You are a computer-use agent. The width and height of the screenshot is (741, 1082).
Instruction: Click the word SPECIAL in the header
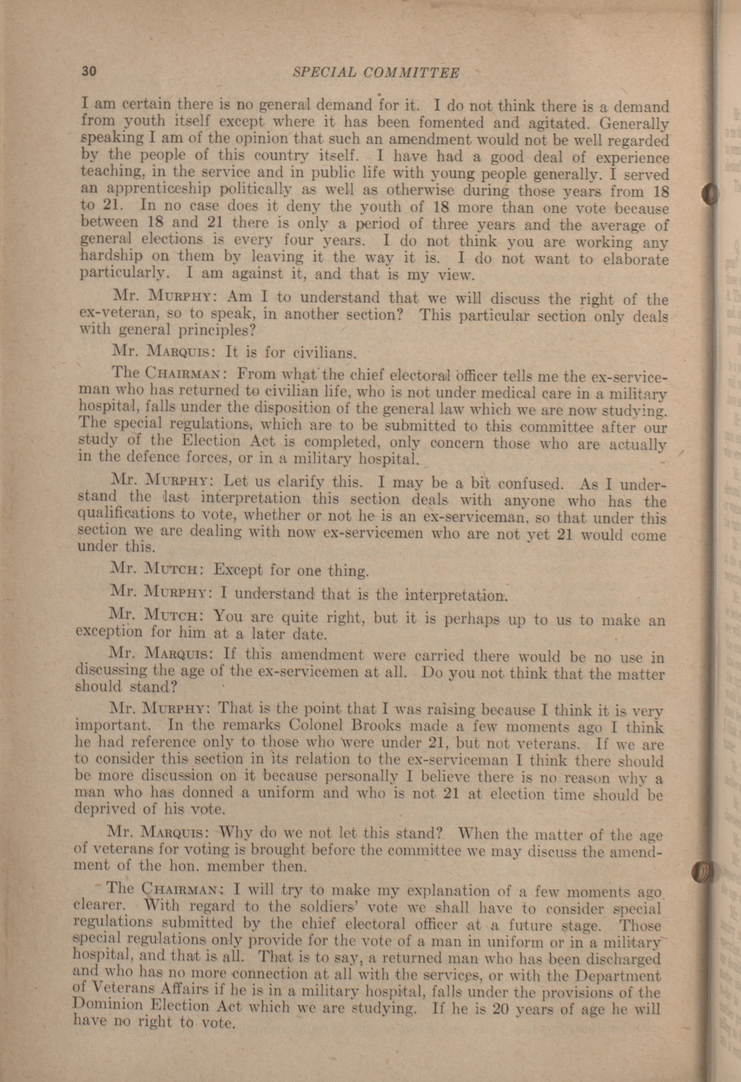pos(323,72)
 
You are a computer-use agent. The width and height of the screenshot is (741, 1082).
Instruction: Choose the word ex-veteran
pos(116,313)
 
